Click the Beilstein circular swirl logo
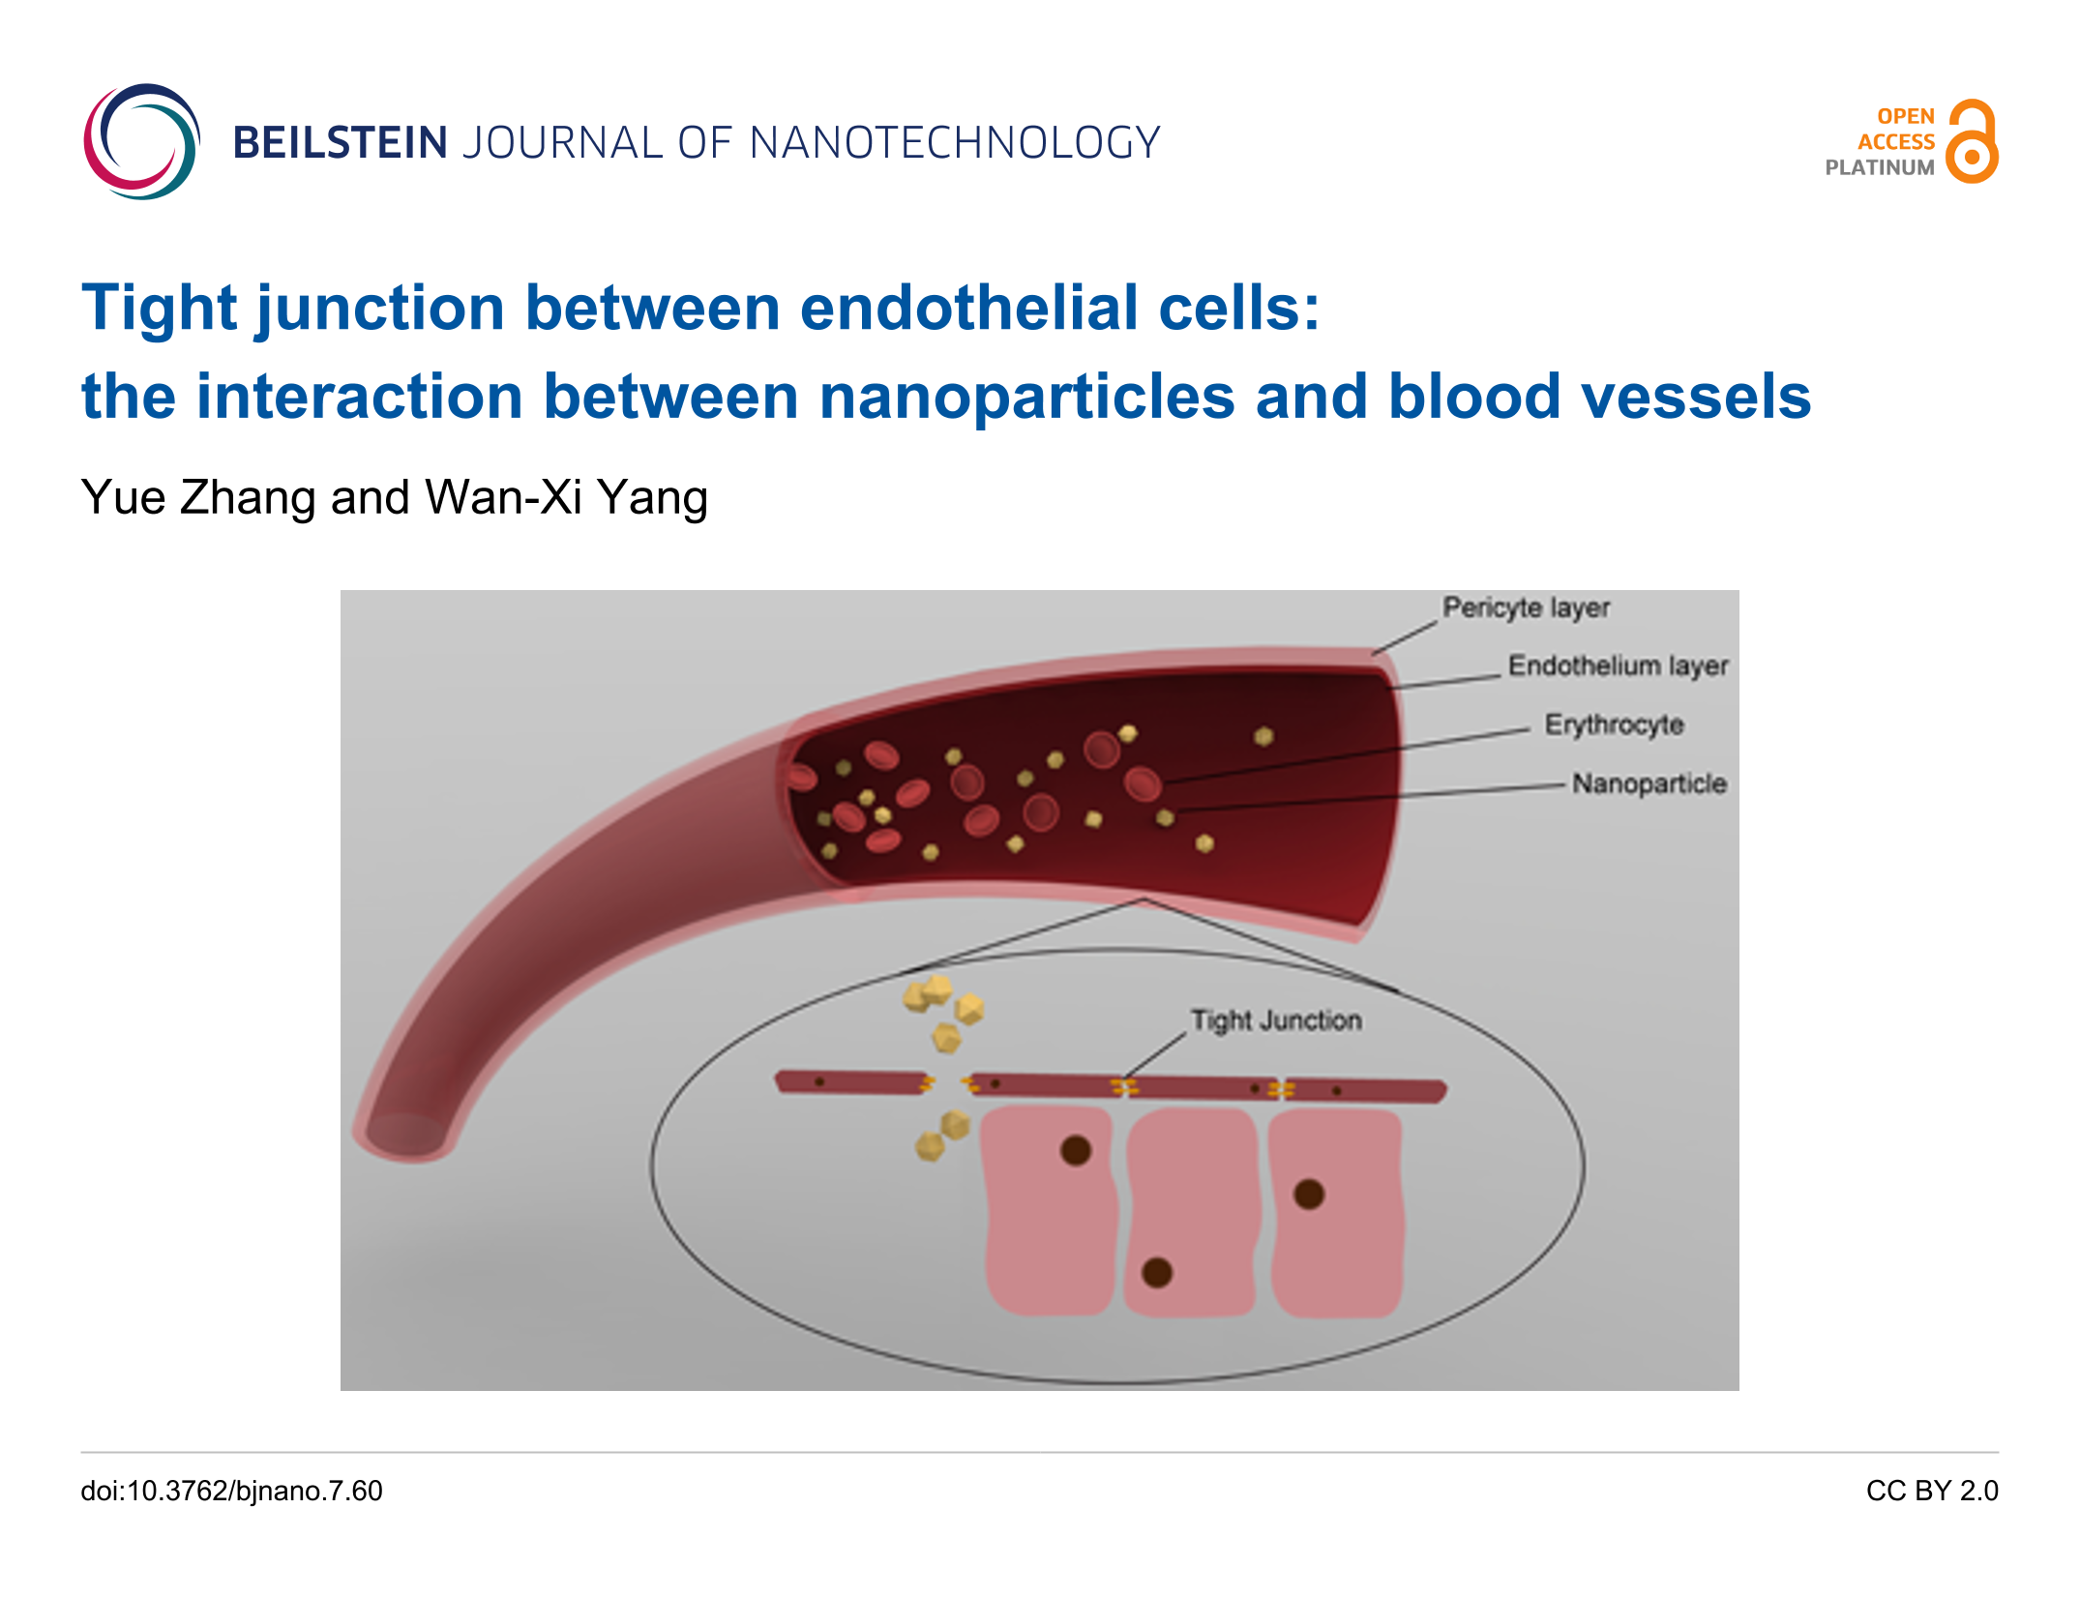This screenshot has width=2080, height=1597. (x=141, y=141)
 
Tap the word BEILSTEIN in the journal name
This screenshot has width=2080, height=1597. (x=340, y=143)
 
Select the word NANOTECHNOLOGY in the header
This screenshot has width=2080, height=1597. (x=954, y=143)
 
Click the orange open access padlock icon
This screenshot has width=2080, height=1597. (x=1972, y=141)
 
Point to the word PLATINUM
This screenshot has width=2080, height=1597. (x=1879, y=167)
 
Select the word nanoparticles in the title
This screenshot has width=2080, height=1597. (x=1026, y=397)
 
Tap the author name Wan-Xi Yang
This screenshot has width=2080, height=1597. (x=566, y=498)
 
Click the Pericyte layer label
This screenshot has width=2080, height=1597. (x=1526, y=607)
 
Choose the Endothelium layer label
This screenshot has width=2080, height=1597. (x=1618, y=665)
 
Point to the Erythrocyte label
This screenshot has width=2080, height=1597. (x=1614, y=725)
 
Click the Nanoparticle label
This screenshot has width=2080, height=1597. (x=1649, y=784)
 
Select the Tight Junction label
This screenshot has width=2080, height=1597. (x=1276, y=1020)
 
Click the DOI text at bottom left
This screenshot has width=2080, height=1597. (x=231, y=1491)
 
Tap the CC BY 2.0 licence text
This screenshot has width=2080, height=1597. (x=1931, y=1491)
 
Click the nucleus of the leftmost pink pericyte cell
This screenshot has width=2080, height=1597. (x=1076, y=1150)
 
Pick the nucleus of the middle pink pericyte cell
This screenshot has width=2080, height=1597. (x=1157, y=1272)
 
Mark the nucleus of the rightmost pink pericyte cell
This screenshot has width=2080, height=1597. (x=1309, y=1195)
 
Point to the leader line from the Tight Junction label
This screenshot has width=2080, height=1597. (x=1155, y=1054)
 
